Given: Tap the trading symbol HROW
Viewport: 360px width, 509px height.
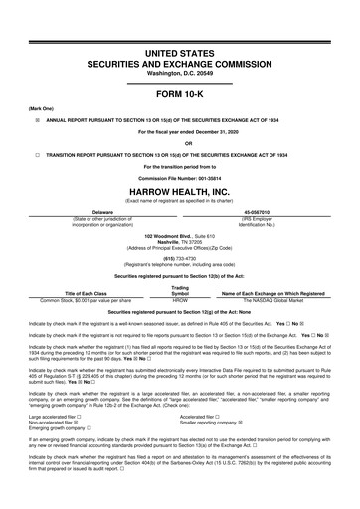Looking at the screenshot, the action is [180, 270].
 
